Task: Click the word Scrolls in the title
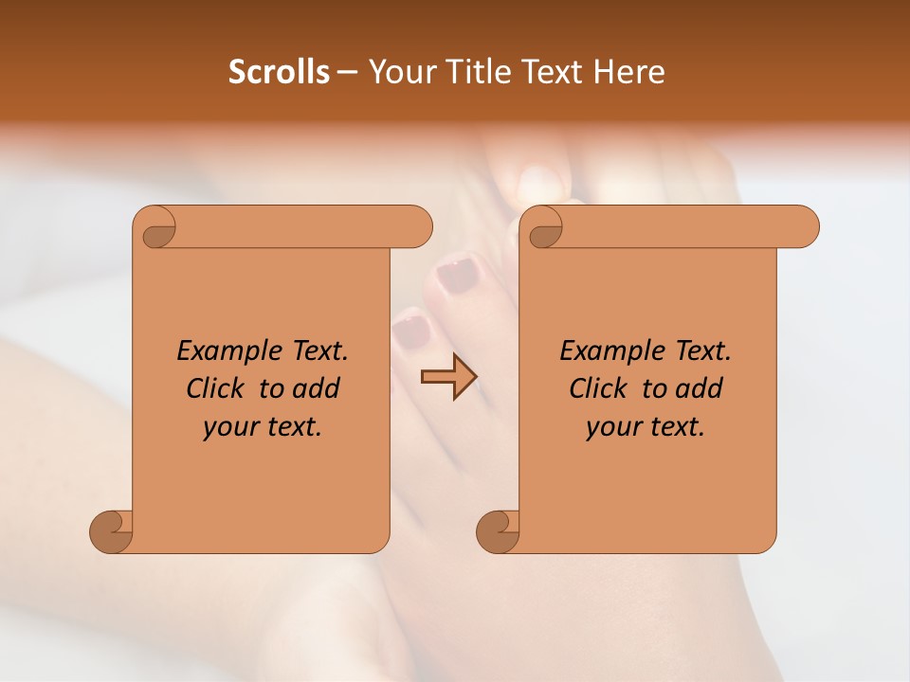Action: click(280, 72)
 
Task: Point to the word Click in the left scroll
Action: click(218, 388)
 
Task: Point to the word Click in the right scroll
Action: click(601, 388)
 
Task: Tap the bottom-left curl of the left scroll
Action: click(112, 530)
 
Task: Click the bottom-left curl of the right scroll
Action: click(499, 530)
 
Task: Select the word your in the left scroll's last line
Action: click(226, 428)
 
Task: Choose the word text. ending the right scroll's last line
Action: click(679, 427)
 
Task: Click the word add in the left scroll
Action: click(318, 388)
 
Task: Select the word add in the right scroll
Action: click(701, 388)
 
